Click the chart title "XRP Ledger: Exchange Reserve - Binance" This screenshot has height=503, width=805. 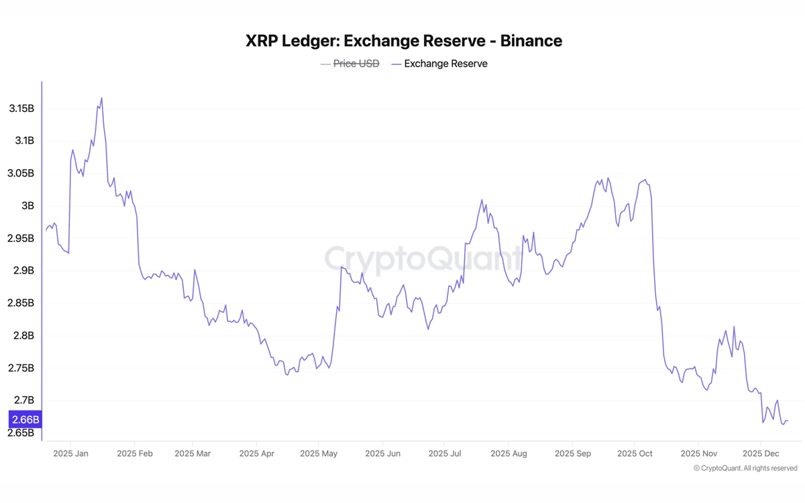(404, 41)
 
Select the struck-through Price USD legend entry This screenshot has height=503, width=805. (350, 64)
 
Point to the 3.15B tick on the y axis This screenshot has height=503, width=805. (21, 109)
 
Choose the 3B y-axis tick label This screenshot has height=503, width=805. (28, 206)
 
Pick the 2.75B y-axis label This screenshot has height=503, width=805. (21, 368)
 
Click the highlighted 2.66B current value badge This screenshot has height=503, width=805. (25, 420)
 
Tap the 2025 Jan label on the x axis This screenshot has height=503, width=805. (70, 453)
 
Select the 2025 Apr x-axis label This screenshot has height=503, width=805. (257, 453)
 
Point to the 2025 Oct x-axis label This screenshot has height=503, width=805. (635, 453)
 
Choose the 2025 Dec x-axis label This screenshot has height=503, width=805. (761, 453)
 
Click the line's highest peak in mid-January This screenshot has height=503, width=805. (101, 98)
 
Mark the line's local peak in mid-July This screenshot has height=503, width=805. (482, 200)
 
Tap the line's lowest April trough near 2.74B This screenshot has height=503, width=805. (287, 374)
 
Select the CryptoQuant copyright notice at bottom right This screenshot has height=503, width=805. (745, 468)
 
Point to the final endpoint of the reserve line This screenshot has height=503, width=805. (788, 421)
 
